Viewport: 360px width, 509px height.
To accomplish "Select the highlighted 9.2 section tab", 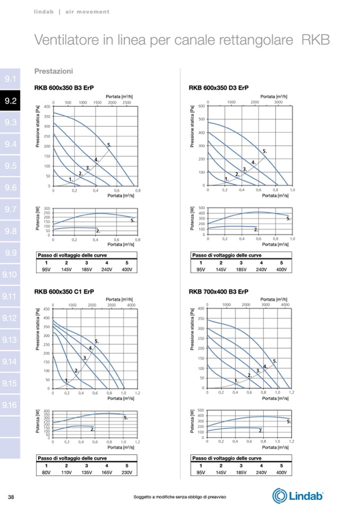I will [x=11, y=101].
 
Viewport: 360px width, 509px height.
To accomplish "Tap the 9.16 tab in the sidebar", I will [x=11, y=405].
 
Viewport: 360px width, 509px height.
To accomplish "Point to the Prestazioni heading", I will [x=54, y=71].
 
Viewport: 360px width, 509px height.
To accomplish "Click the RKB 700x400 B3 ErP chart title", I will [x=218, y=290].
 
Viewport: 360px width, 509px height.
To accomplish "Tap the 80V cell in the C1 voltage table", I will [x=46, y=472].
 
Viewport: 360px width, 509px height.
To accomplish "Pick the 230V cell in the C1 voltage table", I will [x=127, y=472].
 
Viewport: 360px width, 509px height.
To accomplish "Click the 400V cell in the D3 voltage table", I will [x=281, y=270].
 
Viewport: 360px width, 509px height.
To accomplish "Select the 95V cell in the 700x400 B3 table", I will [x=201, y=472].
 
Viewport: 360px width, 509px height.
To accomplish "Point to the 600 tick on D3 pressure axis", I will [x=201, y=106].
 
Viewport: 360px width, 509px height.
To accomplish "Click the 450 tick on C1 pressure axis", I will [x=47, y=309].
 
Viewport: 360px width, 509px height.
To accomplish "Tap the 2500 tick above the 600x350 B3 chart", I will [x=126, y=102].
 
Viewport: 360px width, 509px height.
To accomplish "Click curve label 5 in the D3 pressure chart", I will [x=264, y=152].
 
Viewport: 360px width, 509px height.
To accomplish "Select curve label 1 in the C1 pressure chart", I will [x=66, y=381].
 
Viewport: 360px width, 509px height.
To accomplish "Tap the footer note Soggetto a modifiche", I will [x=180, y=496].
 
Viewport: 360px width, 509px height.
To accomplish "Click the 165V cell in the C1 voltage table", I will [x=107, y=472].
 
